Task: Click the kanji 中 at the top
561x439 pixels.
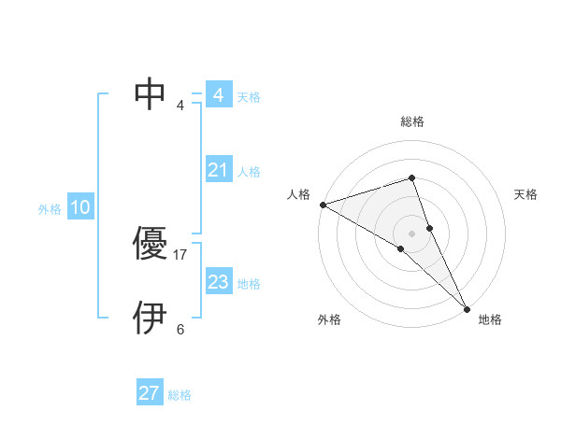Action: click(151, 93)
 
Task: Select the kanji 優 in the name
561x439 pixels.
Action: click(151, 245)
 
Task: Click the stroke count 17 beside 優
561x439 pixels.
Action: click(180, 254)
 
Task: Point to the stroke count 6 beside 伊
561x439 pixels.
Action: click(180, 329)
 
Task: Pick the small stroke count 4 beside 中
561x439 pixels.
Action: click(180, 105)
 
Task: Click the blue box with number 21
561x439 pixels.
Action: click(218, 170)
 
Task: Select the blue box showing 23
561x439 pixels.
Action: click(218, 282)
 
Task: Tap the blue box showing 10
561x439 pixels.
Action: click(79, 207)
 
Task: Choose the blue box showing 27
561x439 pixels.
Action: click(149, 393)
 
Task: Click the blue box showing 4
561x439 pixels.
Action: click(218, 95)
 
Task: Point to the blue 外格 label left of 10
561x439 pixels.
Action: click(50, 209)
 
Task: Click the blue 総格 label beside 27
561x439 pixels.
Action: click(180, 395)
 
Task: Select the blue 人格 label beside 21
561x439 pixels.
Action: click(249, 172)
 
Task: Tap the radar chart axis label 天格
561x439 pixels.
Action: click(525, 194)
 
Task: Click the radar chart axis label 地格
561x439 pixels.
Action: click(490, 319)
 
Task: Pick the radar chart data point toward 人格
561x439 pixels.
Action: click(323, 204)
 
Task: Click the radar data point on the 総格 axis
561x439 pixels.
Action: click(411, 177)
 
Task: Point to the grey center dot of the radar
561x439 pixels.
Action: click(411, 233)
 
